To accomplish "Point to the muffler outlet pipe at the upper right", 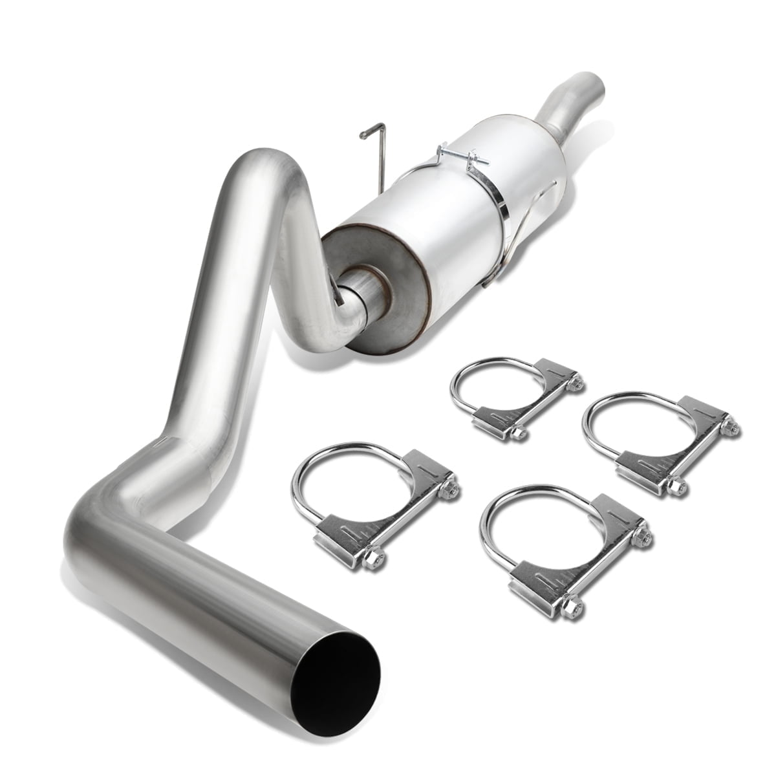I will click(x=569, y=103).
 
